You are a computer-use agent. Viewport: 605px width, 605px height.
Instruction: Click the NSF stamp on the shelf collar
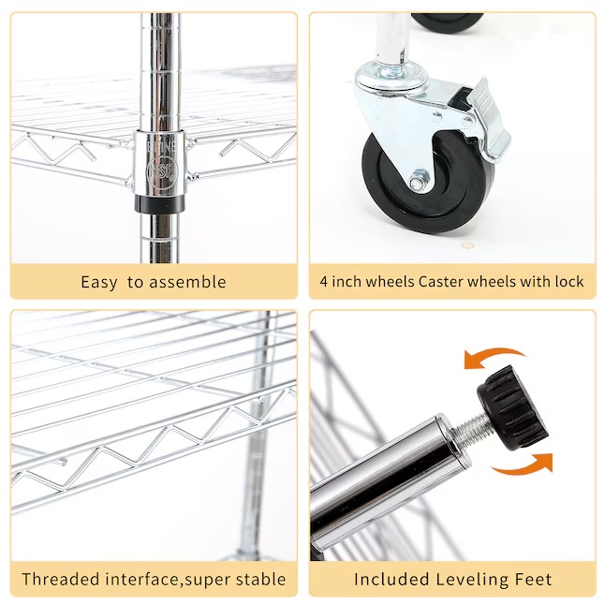click(x=162, y=170)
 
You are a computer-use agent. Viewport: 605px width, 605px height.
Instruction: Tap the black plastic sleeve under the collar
click(x=160, y=203)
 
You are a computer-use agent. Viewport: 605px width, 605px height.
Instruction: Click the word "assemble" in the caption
click(x=187, y=282)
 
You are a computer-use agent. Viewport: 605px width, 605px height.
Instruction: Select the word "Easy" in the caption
click(x=98, y=283)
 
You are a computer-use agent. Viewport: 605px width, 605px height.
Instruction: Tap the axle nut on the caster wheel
click(x=419, y=181)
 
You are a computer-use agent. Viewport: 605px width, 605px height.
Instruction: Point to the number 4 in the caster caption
click(x=323, y=282)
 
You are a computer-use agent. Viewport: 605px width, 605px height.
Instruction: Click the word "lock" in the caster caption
click(x=569, y=281)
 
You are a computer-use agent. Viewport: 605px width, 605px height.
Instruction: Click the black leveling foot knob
click(x=512, y=408)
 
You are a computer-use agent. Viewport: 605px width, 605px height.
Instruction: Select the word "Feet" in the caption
click(x=533, y=579)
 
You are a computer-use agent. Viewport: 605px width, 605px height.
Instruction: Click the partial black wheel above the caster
click(x=447, y=22)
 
